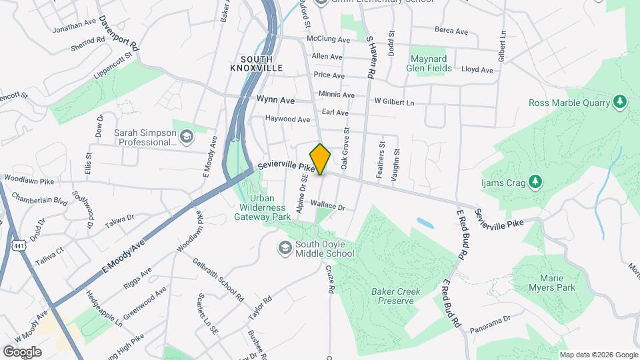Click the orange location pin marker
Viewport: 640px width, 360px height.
tap(321, 159)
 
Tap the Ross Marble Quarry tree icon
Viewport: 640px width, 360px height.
tap(620, 102)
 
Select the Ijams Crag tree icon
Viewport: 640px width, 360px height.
tap(534, 181)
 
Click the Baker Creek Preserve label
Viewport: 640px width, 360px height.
tap(393, 295)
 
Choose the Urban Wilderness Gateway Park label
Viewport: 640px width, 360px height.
tap(271, 207)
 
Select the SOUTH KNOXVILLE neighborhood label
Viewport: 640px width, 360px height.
tap(257, 64)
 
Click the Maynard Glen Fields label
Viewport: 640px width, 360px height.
tap(430, 63)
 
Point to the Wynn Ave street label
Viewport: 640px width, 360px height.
tap(275, 100)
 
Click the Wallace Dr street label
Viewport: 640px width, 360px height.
tap(327, 207)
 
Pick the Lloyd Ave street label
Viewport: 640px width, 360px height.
tap(477, 70)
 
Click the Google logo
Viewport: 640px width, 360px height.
tap(22, 351)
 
